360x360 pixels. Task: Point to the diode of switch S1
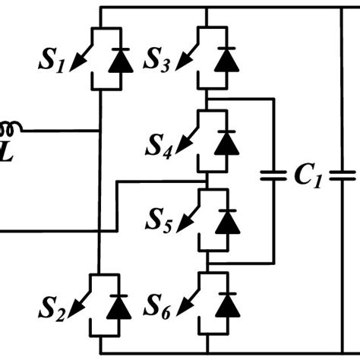click(117, 62)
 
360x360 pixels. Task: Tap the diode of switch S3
click(223, 62)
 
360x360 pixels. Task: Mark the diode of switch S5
click(223, 225)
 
